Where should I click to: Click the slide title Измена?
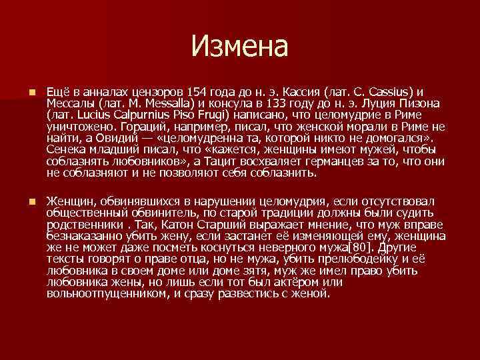point(239,47)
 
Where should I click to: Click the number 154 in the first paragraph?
point(201,91)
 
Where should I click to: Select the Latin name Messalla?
point(167,103)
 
